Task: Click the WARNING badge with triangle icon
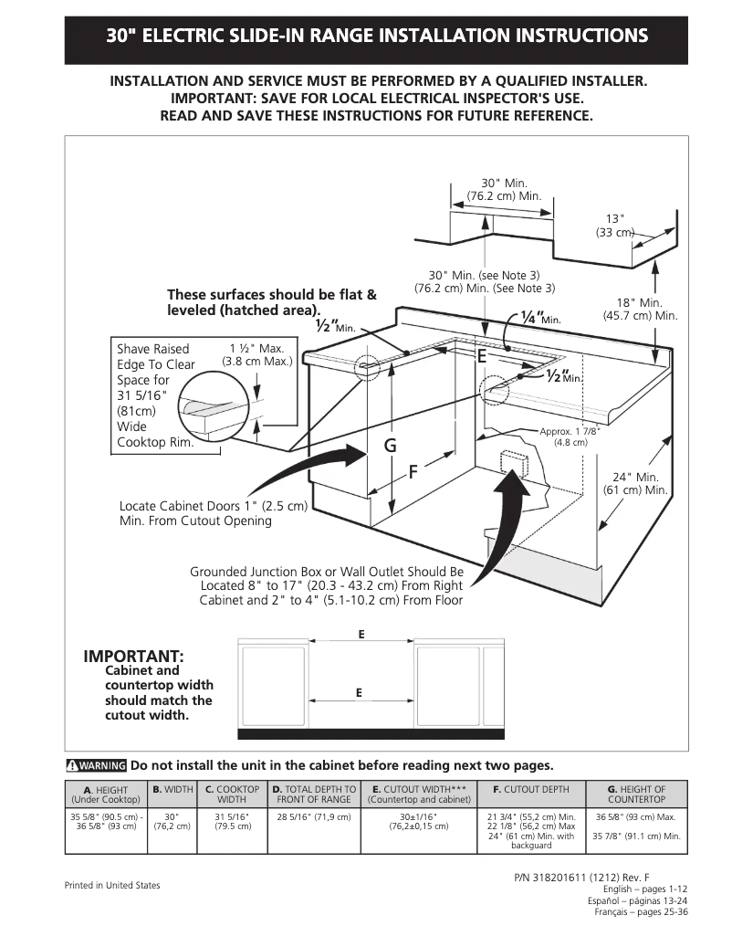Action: click(96, 765)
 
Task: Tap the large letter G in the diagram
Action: click(390, 446)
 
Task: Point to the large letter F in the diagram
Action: click(413, 472)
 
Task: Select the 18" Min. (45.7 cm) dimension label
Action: click(640, 309)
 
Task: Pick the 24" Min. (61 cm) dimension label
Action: click(635, 484)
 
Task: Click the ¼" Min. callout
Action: click(539, 317)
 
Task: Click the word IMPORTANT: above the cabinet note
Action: click(133, 657)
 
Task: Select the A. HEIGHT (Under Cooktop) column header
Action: click(106, 794)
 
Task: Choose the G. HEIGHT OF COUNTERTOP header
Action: click(636, 794)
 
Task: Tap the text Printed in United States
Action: click(111, 886)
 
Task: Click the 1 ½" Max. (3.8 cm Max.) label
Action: click(256, 355)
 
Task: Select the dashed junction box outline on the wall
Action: click(509, 464)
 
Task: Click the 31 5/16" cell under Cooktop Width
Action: click(232, 821)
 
